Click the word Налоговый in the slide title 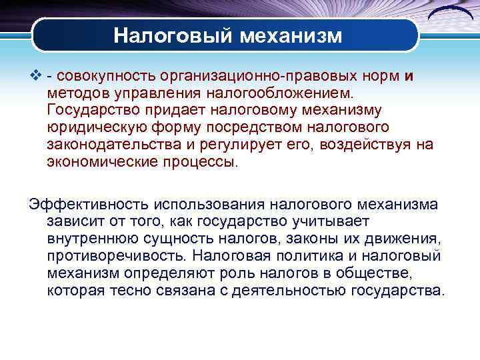tap(166, 35)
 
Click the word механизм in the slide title tap(287, 35)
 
